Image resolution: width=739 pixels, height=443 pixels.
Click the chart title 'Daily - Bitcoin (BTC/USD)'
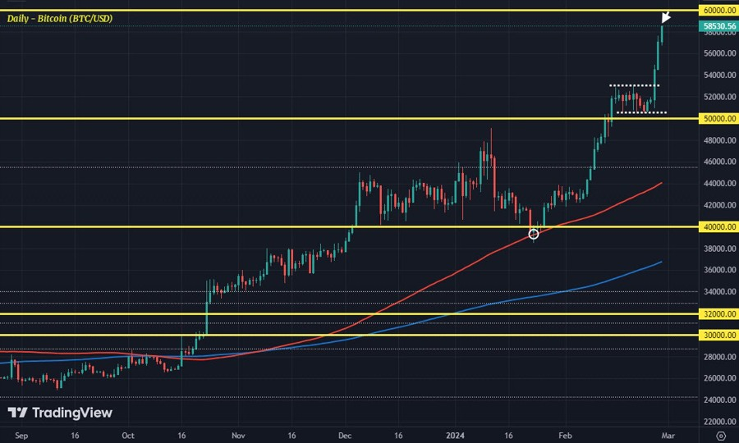(x=60, y=18)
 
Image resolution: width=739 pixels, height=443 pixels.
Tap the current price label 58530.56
(x=718, y=26)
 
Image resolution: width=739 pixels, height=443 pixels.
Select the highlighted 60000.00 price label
(x=718, y=10)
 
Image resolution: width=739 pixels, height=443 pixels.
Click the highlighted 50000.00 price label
(x=718, y=118)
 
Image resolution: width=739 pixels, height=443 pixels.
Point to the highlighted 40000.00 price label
(x=718, y=226)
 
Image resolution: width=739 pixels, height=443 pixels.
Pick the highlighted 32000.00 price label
(x=718, y=313)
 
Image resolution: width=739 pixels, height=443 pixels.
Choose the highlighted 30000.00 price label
(x=718, y=335)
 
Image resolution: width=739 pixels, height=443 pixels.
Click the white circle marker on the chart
(x=534, y=234)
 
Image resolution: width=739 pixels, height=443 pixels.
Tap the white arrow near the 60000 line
(x=666, y=17)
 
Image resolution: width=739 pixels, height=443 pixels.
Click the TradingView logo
(x=59, y=413)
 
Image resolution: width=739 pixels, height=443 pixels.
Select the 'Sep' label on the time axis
(x=21, y=435)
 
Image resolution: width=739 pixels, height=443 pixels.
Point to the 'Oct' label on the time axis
(x=128, y=435)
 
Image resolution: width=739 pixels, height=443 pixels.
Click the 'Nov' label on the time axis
(x=238, y=435)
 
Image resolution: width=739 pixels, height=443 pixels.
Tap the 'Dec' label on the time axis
(x=345, y=435)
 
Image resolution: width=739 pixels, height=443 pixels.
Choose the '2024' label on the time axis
(x=455, y=435)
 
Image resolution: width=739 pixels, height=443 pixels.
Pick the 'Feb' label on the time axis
(x=565, y=435)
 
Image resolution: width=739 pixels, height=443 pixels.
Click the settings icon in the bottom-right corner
(x=720, y=435)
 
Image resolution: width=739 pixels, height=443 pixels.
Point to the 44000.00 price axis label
(x=718, y=183)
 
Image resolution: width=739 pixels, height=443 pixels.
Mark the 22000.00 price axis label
(x=718, y=422)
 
